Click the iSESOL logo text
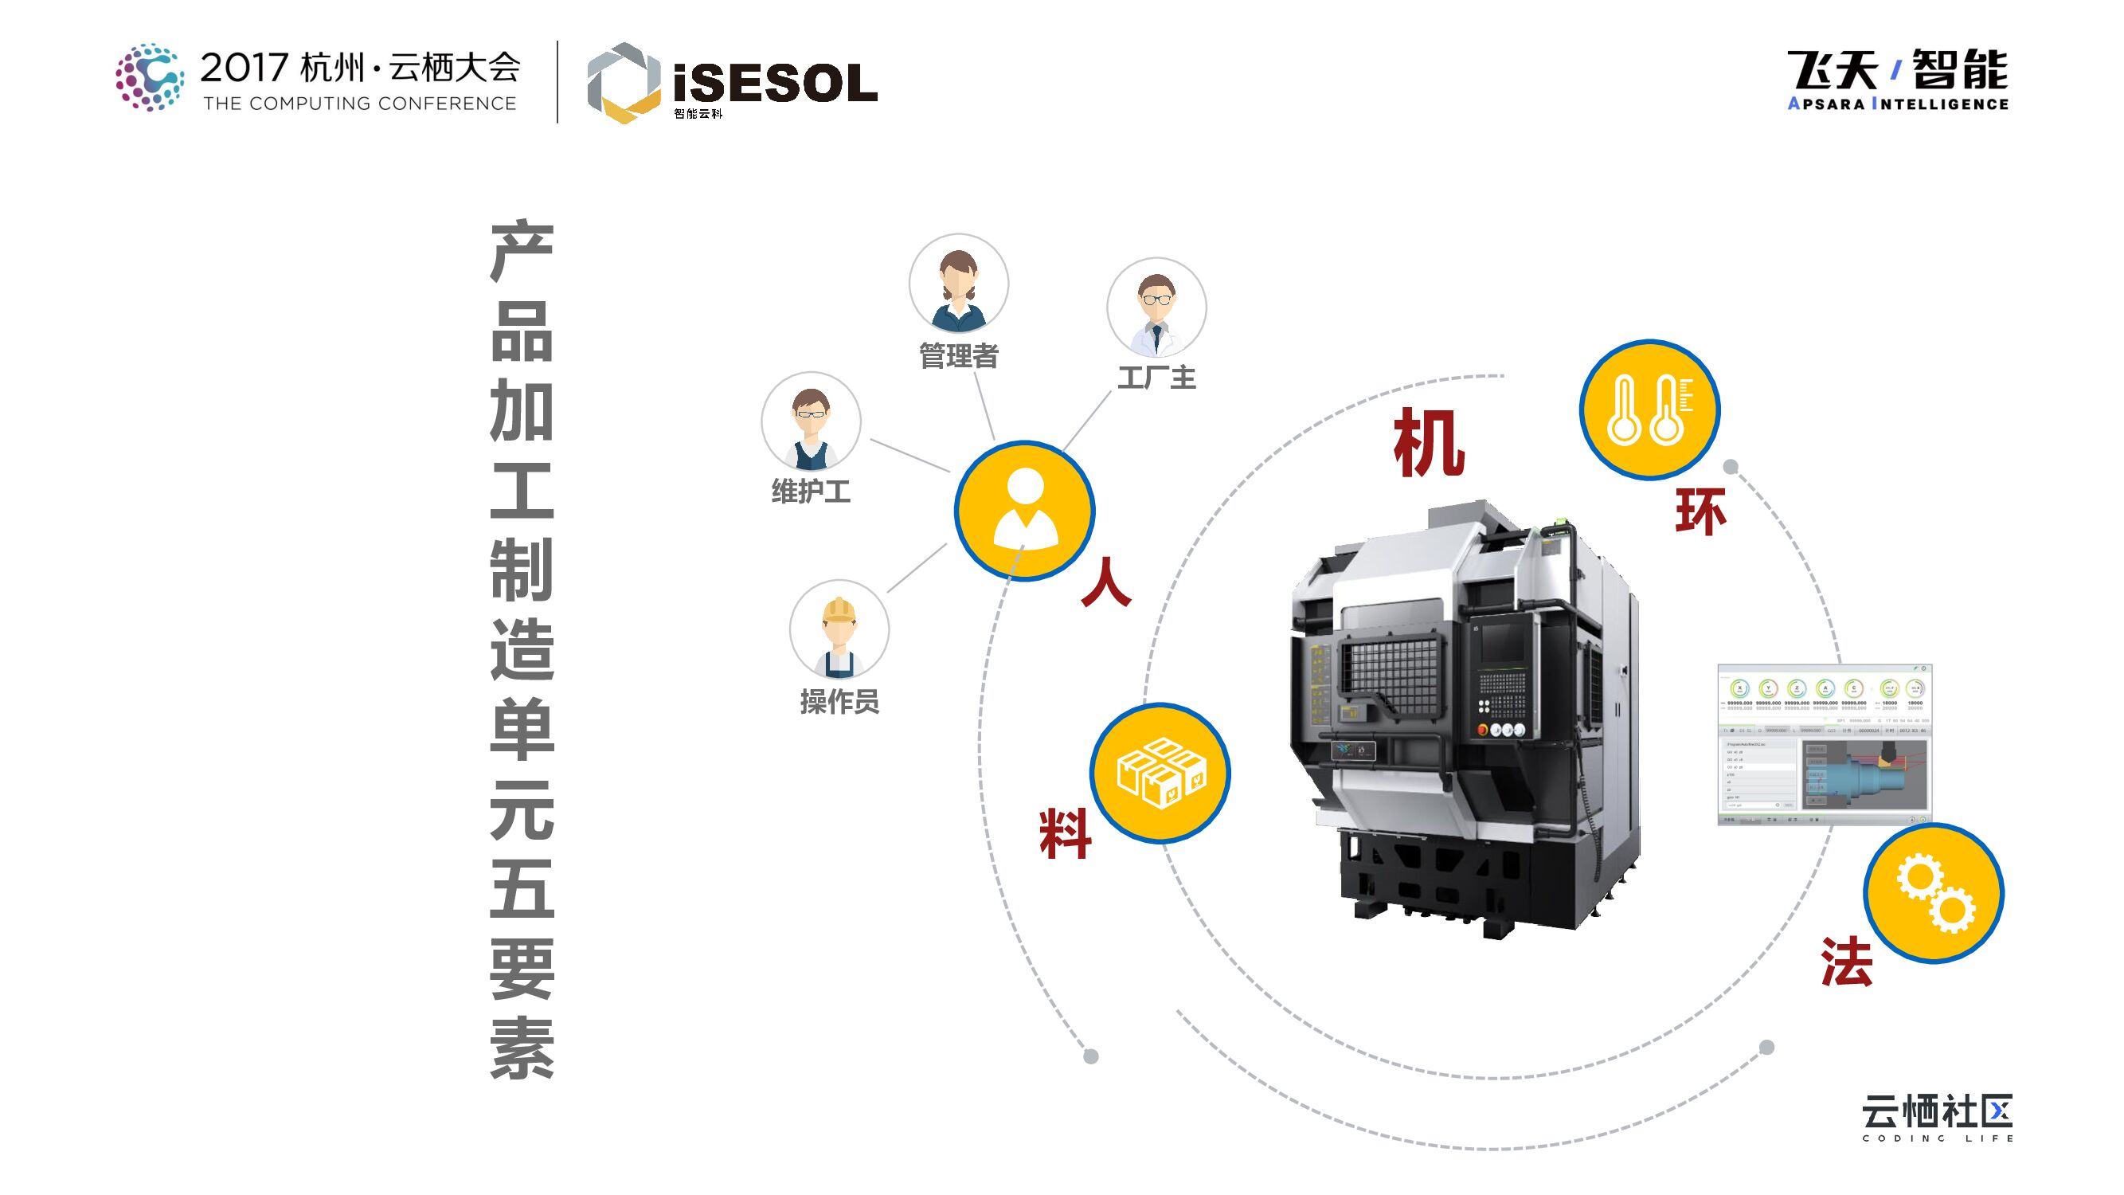tap(775, 84)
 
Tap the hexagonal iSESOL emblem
tap(624, 83)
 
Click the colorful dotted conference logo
tap(149, 77)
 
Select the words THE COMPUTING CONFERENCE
tap(359, 104)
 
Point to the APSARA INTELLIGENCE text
tap(1897, 104)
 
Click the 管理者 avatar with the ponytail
tap(958, 283)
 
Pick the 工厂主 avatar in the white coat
tap(1156, 307)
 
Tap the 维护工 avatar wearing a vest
tap(811, 421)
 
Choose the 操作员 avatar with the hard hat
tap(839, 629)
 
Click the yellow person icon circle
tap(1025, 511)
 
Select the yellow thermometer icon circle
tap(1649, 409)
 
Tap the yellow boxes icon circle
tap(1160, 772)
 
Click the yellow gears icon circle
tap(1934, 893)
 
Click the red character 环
tap(1700, 511)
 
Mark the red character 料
tap(1066, 833)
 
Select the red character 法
tap(1846, 962)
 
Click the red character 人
tap(1105, 582)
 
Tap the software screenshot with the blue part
tap(1825, 744)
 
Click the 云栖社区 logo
tap(1937, 1116)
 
